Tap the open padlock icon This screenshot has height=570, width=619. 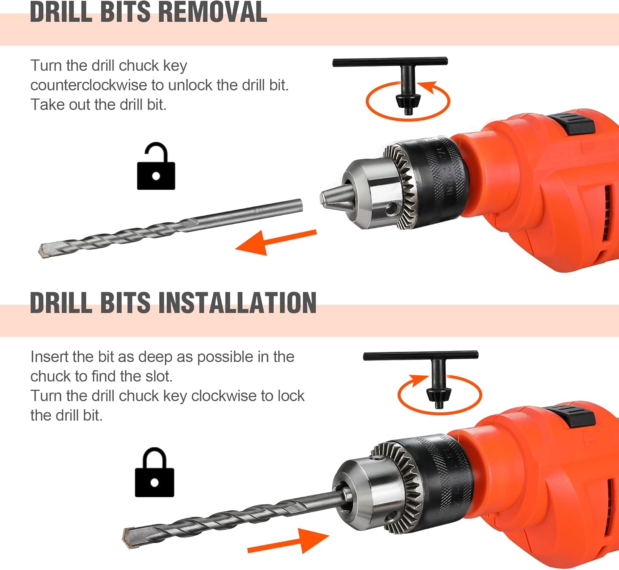[x=156, y=166]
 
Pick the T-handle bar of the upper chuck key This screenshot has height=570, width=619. [x=390, y=62]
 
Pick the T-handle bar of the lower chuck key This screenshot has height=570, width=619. [x=421, y=355]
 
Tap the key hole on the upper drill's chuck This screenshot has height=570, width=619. [x=392, y=208]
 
